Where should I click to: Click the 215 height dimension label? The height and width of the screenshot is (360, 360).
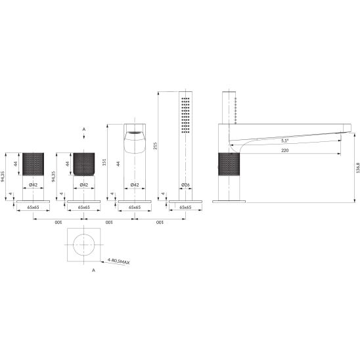(155, 146)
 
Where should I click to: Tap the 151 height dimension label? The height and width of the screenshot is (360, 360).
(104, 162)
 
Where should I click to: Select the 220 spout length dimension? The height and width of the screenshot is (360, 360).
(284, 150)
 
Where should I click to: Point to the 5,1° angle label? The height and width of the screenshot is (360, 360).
(284, 141)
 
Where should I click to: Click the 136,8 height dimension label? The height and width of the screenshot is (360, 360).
(358, 168)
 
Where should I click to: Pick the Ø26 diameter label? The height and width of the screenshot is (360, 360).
(185, 185)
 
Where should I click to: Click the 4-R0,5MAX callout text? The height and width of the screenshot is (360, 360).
(119, 261)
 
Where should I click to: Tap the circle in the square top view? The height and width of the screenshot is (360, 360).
(84, 245)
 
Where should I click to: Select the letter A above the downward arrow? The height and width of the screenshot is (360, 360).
(84, 129)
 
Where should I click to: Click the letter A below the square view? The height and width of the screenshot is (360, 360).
(93, 271)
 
